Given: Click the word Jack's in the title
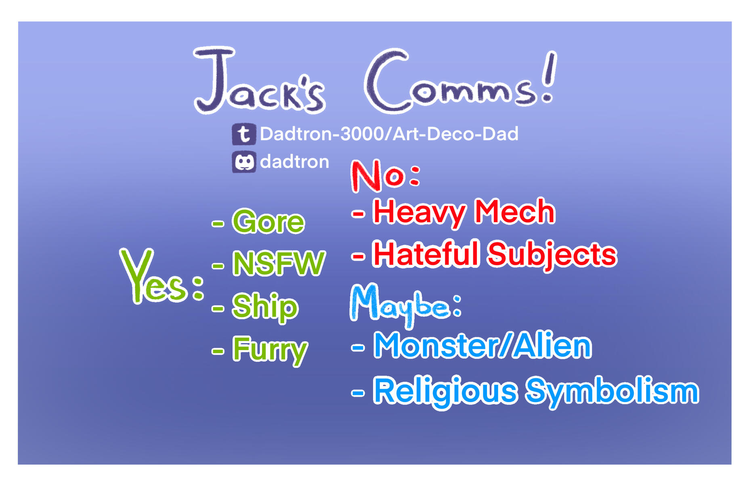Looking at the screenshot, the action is [259, 81].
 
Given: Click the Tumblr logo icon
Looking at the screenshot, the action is [244, 134].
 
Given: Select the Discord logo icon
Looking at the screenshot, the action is [244, 162].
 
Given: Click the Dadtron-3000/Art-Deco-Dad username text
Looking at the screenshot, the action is [389, 134].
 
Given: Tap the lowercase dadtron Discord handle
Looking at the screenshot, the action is [294, 162].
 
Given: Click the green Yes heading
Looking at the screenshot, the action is [162, 276].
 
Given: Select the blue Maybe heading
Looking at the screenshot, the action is [405, 304].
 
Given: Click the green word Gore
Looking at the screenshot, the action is [268, 221].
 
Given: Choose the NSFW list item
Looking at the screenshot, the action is [279, 263].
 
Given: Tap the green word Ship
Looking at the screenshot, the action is [265, 307].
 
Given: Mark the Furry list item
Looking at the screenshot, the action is [270, 350].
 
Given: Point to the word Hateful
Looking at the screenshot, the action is [426, 254].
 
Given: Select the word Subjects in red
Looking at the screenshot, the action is [552, 255].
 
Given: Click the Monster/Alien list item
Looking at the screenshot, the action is [482, 345].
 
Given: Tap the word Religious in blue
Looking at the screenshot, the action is [445, 391].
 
